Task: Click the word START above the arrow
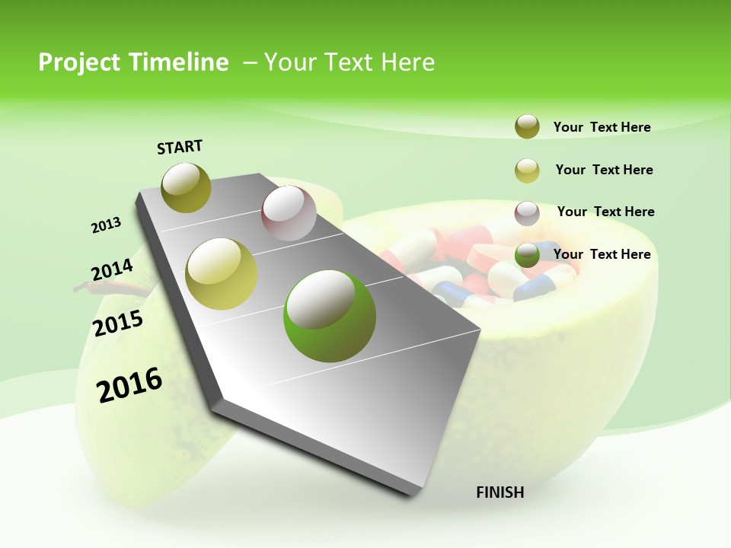click(180, 147)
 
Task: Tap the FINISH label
click(500, 492)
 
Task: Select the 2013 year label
click(106, 225)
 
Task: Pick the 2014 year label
click(112, 270)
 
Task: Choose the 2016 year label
click(129, 384)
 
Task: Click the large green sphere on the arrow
click(329, 315)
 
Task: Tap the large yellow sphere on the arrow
click(222, 274)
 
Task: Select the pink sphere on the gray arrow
click(289, 213)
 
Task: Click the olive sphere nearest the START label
click(187, 188)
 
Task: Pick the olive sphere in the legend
click(527, 127)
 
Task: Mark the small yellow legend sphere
click(527, 170)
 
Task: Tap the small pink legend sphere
click(527, 213)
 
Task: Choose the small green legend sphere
click(527, 255)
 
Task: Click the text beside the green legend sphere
click(602, 254)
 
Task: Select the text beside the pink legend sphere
click(605, 212)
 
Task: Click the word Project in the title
click(79, 62)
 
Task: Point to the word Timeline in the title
click(181, 62)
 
